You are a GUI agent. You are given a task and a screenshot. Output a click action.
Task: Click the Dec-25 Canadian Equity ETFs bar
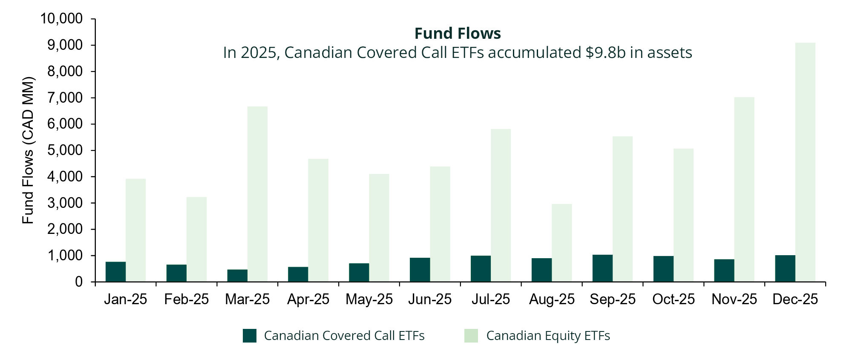point(805,162)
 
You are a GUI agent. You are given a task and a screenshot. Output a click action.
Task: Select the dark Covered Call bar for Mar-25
point(237,275)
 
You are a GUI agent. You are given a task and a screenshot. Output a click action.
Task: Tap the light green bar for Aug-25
point(561,243)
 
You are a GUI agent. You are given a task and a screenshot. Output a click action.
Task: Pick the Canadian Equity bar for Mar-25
point(257,194)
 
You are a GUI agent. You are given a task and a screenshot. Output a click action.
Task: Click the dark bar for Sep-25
point(602,268)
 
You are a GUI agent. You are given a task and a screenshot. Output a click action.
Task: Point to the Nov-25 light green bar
point(744,190)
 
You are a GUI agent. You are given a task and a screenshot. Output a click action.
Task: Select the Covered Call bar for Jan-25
point(115,271)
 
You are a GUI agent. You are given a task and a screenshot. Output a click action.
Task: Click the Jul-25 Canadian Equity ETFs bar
point(501,205)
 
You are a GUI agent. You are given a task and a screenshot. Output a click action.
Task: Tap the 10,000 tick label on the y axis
point(61,19)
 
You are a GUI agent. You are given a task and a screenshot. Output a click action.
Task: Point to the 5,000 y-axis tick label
point(65,150)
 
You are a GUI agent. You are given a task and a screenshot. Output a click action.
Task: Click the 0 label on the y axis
point(79,282)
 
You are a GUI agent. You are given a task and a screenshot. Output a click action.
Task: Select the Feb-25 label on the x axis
point(186,300)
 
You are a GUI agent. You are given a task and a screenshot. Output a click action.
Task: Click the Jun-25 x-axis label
point(429,300)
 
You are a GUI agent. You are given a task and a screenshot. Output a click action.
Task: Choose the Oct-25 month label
point(673,300)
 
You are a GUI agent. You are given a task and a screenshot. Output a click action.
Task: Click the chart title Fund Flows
point(458,33)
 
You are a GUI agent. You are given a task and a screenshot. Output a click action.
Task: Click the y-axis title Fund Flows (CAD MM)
point(28,150)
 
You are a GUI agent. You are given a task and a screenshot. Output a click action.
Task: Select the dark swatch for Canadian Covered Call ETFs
point(250,336)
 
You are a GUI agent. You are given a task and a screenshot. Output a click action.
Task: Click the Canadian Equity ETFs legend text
point(548,336)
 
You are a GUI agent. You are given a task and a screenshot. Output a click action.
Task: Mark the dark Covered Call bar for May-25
point(359,272)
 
